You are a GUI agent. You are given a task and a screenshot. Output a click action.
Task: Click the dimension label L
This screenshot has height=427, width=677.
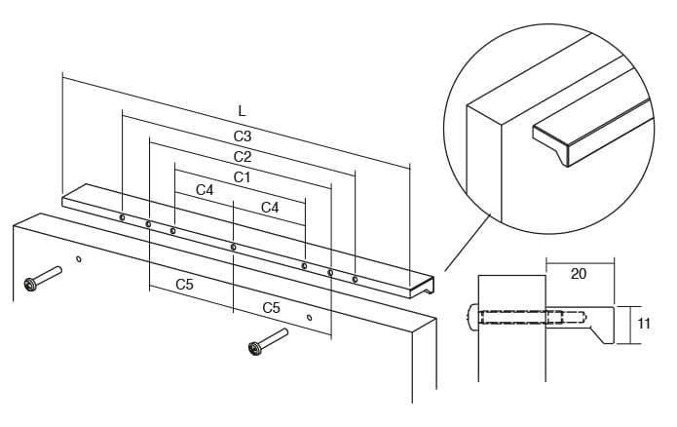point(242,111)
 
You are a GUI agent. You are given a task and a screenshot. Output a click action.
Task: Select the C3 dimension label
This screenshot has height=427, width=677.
point(243,136)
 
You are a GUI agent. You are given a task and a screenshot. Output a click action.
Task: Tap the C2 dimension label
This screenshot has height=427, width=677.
point(243,156)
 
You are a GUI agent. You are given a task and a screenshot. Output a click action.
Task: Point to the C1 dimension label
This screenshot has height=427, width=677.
point(242,177)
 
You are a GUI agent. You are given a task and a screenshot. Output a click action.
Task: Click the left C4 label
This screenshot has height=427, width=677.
point(205,190)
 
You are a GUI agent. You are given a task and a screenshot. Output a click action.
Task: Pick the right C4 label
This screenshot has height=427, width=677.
point(270,208)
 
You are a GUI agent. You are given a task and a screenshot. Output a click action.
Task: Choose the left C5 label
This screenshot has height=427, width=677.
point(184,285)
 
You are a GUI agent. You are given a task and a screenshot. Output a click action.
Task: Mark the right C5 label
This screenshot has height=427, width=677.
point(271,308)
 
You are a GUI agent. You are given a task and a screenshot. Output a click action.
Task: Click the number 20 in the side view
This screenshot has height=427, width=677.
point(579,274)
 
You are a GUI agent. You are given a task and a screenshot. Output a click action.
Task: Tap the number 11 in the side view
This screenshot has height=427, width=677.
point(643,324)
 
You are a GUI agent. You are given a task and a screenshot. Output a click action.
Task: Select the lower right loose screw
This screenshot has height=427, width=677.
point(268,341)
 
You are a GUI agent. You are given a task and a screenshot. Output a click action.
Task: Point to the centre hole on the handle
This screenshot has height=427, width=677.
point(234,248)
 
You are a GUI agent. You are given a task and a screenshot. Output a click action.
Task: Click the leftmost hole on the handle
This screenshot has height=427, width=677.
point(122,217)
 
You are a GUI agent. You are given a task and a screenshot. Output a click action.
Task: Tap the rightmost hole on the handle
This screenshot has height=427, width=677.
point(355,280)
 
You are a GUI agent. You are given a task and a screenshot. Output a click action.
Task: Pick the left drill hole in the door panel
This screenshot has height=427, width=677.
point(79,259)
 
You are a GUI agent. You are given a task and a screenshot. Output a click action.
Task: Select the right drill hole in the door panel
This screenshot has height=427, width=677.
point(309,318)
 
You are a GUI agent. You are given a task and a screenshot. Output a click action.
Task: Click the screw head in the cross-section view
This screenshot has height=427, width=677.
point(472,318)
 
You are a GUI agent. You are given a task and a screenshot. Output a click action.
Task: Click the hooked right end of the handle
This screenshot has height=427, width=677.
point(422,286)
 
